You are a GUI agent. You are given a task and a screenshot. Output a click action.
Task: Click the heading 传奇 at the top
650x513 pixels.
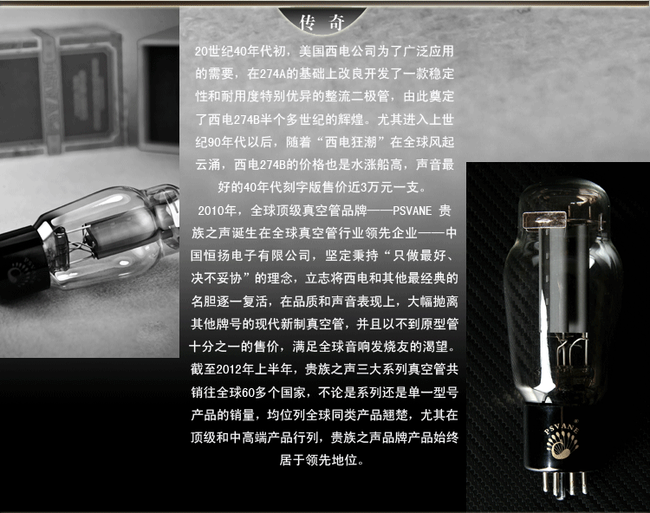(x=322, y=22)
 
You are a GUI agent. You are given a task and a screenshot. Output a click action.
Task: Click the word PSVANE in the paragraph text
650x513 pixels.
(x=412, y=211)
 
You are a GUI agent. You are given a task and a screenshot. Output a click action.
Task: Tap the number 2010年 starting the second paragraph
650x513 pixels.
(x=218, y=211)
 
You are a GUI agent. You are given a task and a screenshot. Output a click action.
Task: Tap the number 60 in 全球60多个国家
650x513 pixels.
(x=248, y=392)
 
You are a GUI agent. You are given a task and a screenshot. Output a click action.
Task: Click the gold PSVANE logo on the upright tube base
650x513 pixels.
(x=562, y=440)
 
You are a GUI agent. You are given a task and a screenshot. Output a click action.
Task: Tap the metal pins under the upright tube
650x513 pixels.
(x=564, y=484)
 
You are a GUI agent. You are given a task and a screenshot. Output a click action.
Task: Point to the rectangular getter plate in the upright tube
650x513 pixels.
(x=544, y=219)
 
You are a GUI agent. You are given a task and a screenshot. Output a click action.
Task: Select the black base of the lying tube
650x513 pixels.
(x=23, y=261)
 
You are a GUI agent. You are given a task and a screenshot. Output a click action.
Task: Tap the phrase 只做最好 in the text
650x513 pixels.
(x=419, y=256)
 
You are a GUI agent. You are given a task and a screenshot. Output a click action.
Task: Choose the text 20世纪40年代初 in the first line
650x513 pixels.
(x=240, y=51)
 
